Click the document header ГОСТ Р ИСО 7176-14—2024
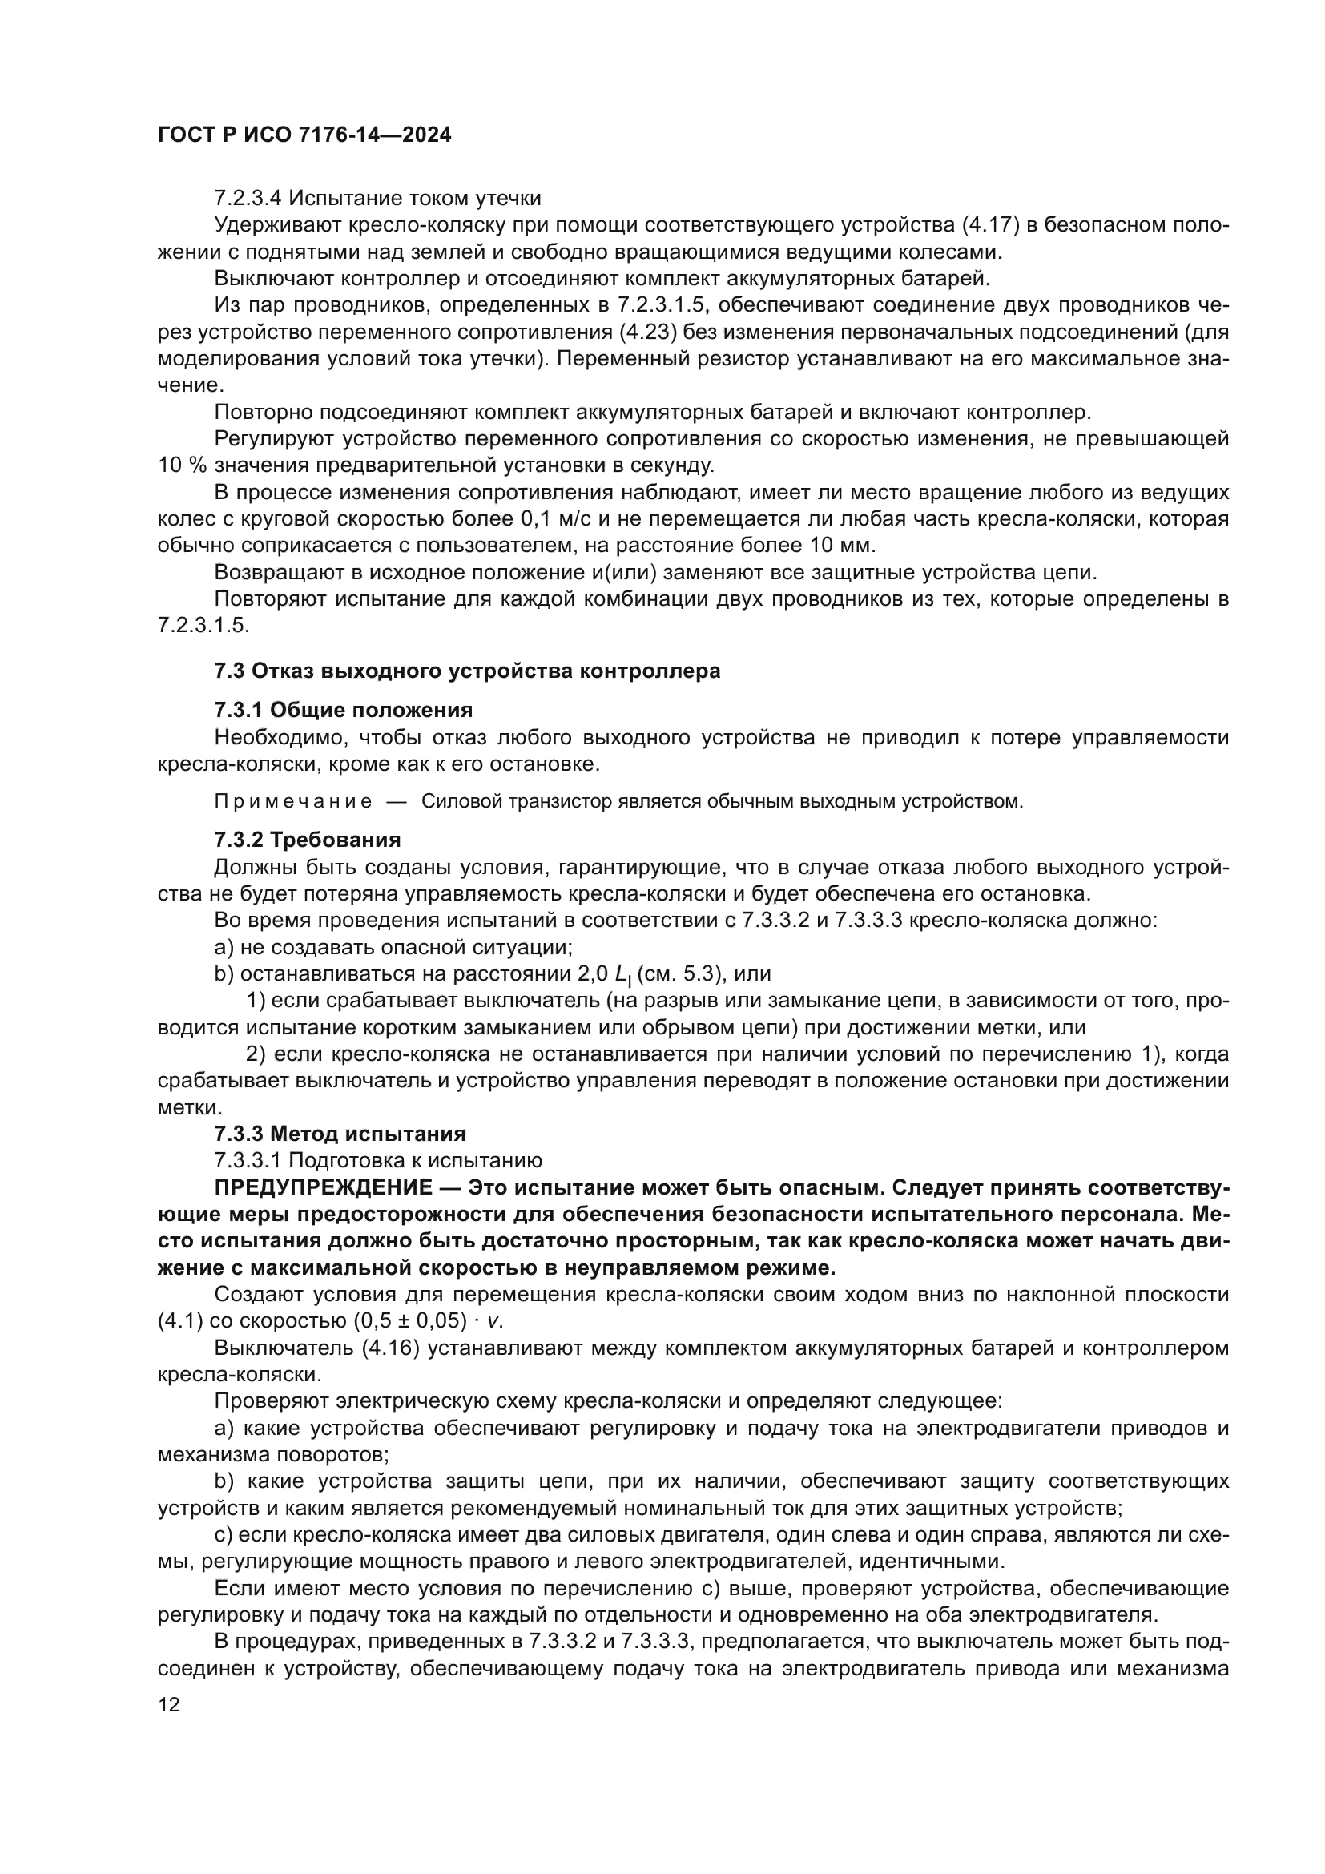304,135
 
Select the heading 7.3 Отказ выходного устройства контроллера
468,671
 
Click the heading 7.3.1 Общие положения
344,709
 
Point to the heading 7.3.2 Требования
308,840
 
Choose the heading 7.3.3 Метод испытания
340,1134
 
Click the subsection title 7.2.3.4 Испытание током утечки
378,199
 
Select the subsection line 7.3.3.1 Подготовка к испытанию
378,1161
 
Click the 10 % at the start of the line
183,466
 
